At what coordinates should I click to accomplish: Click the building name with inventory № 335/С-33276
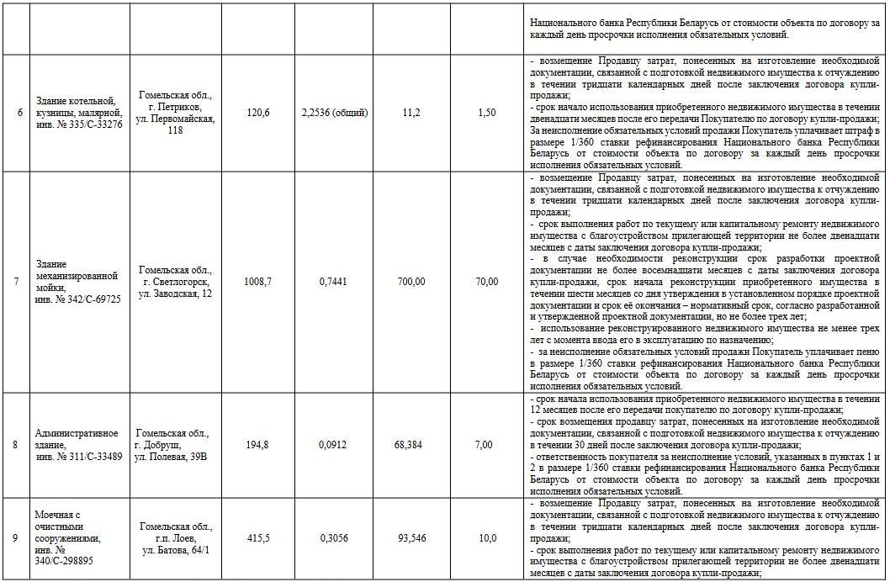pyautogui.click(x=79, y=113)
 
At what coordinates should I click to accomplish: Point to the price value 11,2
pyautogui.click(x=411, y=113)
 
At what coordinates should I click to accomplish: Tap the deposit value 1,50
pyautogui.click(x=486, y=113)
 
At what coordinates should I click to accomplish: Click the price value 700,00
pyautogui.click(x=411, y=282)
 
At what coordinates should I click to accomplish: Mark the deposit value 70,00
pyautogui.click(x=486, y=282)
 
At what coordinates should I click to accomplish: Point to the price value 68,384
pyautogui.click(x=411, y=444)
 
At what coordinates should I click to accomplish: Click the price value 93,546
pyautogui.click(x=411, y=538)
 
